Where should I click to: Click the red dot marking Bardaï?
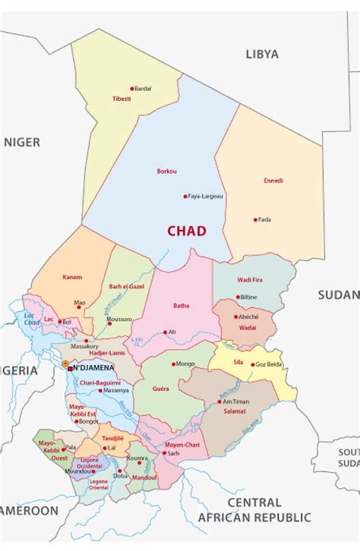[x=132, y=89]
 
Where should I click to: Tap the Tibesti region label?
[x=122, y=99]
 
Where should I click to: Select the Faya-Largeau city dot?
[x=185, y=196]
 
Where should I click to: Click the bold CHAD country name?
[x=187, y=231]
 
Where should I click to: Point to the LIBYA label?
[x=262, y=54]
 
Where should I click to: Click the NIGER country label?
[x=22, y=142]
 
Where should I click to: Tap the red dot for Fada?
[x=255, y=219]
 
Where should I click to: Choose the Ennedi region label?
[x=273, y=181]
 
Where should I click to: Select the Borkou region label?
[x=166, y=171]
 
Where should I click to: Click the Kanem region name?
[x=72, y=277]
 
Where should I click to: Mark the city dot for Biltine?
[x=238, y=297]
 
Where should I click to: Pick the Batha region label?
[x=182, y=306]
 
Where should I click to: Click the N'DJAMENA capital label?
[x=93, y=368]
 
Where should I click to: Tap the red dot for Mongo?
[x=172, y=364]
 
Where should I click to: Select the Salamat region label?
[x=234, y=411]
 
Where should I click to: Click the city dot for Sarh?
[x=163, y=452]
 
